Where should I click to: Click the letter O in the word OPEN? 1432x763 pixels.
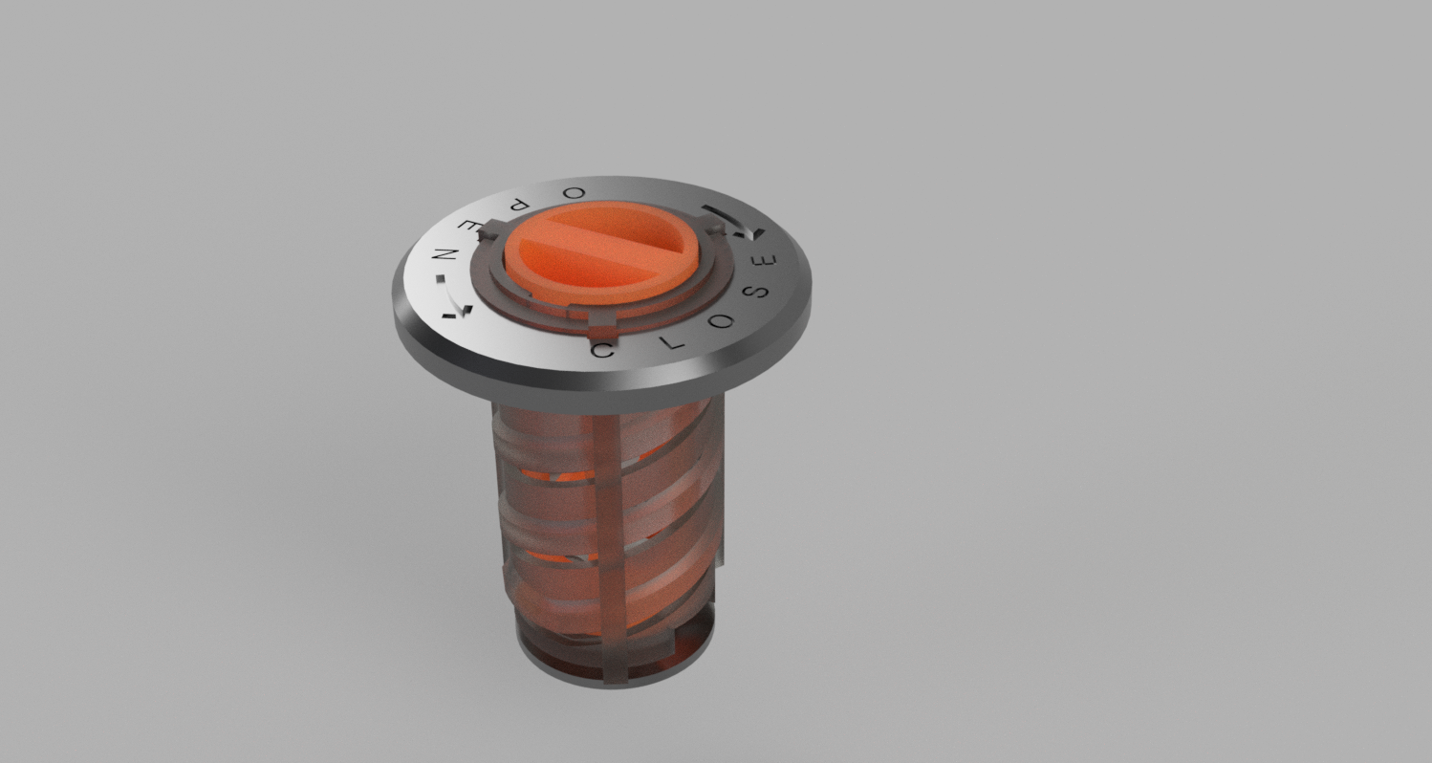coord(575,192)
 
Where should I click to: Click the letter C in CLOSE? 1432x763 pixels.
coord(602,351)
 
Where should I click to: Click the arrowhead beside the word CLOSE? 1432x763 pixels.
coord(756,232)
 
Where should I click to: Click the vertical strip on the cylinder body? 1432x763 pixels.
coord(606,535)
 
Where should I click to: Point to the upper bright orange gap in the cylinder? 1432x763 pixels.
coord(574,475)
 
